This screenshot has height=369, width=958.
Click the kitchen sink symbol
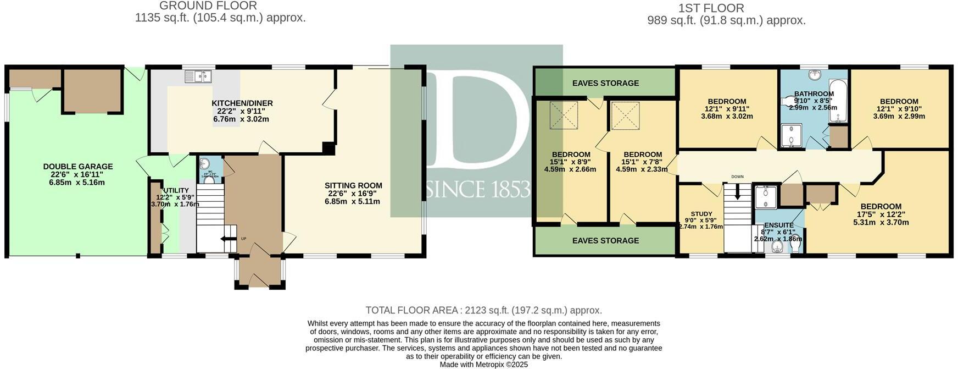tap(198, 76)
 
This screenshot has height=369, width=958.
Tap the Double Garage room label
tap(78, 167)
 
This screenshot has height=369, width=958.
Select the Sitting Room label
tap(353, 185)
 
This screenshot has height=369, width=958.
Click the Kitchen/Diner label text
tap(242, 103)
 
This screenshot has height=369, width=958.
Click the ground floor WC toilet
tap(209, 179)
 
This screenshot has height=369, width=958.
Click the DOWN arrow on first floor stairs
tap(737, 192)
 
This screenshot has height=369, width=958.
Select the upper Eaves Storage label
tap(605, 83)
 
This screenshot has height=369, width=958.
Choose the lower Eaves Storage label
tap(605, 240)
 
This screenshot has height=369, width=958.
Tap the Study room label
tap(701, 214)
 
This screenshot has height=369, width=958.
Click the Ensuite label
tap(778, 225)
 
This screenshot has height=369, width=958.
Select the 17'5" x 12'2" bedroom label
tap(881, 207)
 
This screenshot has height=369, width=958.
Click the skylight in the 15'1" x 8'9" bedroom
tap(564, 116)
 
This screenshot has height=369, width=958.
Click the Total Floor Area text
tap(483, 310)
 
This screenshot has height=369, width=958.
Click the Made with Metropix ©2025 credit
tap(483, 364)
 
